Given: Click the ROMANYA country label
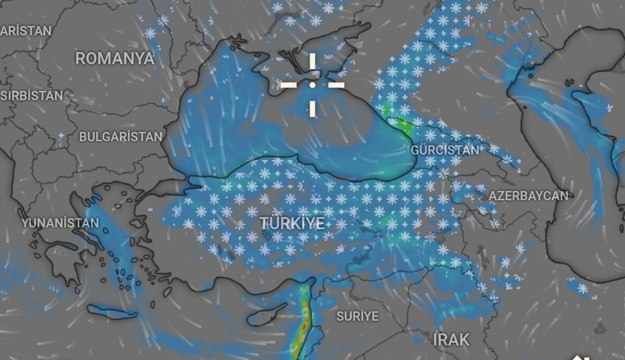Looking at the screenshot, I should (x=115, y=58).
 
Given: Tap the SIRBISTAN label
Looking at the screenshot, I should (x=31, y=96).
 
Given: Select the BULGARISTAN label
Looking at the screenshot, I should (x=121, y=137).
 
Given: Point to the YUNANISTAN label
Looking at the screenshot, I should (x=60, y=223).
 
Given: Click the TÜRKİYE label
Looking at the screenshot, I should (x=292, y=223).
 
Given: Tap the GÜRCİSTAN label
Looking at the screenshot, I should (x=445, y=150).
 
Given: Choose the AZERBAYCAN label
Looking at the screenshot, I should (x=528, y=196).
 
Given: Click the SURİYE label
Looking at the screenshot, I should (x=358, y=317).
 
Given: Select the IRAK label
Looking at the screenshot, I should (x=451, y=340).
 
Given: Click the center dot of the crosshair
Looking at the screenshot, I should (x=312, y=85).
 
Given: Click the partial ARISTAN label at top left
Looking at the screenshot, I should (x=25, y=31).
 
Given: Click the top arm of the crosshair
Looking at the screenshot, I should (x=312, y=63).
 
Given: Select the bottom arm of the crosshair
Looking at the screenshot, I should (x=312, y=106).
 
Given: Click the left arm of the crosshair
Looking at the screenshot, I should (x=290, y=85).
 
